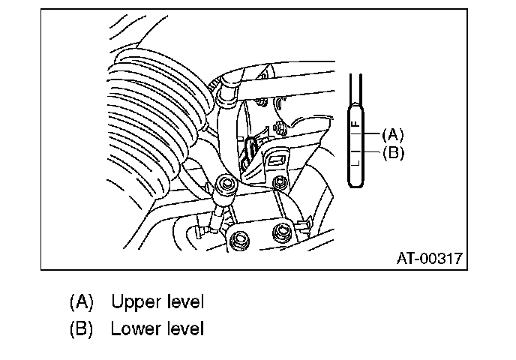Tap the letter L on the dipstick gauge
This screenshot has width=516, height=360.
tap(356, 159)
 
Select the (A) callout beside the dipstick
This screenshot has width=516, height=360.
tap(392, 135)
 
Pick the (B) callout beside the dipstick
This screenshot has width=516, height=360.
tap(392, 153)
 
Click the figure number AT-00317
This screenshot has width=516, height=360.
tap(429, 259)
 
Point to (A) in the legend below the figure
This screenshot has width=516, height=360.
tap(81, 302)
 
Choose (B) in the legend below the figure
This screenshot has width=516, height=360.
tap(81, 329)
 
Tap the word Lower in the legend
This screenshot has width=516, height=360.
tap(133, 329)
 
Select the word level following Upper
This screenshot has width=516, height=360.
tap(183, 302)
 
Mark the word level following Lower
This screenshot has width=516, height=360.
tap(182, 329)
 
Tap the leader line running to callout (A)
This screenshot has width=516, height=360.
tap(371, 135)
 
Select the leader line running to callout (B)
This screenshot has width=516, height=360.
tap(371, 153)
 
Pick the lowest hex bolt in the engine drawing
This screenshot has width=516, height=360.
tap(241, 241)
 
